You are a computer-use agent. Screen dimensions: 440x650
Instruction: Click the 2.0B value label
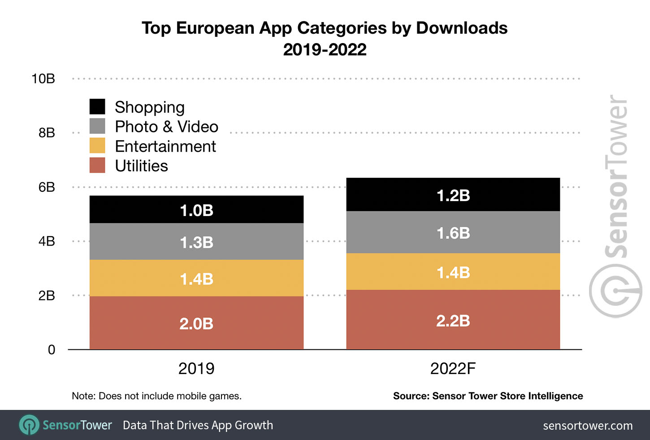196,324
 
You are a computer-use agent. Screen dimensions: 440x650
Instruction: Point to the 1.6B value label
453,233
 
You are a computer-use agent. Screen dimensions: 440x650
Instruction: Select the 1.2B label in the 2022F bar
453,196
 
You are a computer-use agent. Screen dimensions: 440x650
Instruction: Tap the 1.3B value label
196,242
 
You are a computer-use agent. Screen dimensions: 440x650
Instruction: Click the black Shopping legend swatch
97,107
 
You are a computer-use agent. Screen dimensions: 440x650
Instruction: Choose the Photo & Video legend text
166,127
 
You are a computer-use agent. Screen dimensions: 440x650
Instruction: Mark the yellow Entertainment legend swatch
97,146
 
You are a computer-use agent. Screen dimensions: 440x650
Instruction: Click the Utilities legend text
141,166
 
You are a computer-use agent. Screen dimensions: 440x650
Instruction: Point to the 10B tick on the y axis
43,79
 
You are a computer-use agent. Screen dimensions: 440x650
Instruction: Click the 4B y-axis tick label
47,242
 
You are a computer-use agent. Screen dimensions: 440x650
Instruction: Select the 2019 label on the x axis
196,369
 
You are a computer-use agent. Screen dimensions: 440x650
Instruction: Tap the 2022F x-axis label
453,369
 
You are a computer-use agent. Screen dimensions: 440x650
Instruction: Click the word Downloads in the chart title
462,28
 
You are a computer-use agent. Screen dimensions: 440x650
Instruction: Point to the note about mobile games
156,396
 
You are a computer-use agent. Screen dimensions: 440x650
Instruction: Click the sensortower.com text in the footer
588,426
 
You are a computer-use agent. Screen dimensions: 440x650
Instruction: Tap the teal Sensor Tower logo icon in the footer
30,425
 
